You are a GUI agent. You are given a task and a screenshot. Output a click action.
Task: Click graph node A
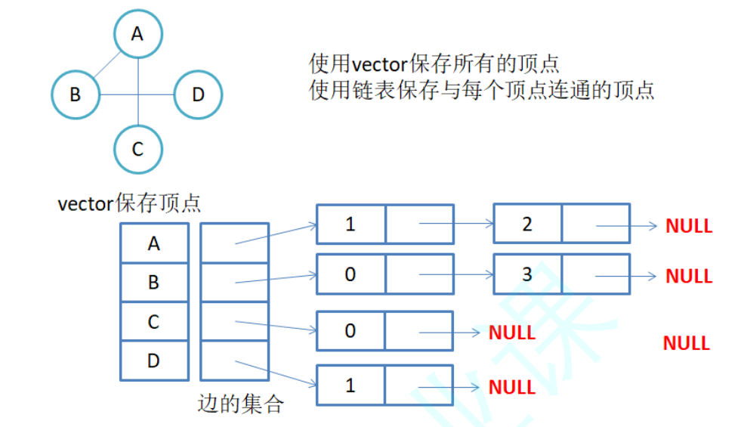(138, 33)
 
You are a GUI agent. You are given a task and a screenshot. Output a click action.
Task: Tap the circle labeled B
(76, 95)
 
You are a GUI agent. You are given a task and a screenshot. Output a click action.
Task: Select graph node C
(138, 149)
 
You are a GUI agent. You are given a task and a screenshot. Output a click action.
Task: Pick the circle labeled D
(198, 95)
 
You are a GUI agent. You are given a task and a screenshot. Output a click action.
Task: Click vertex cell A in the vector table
(154, 243)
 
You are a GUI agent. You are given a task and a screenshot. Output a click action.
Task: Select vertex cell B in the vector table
(154, 283)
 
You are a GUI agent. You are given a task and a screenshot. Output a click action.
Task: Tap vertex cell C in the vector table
(154, 322)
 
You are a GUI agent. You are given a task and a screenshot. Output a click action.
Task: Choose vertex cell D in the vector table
(154, 360)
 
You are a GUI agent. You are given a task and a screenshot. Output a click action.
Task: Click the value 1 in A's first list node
(350, 224)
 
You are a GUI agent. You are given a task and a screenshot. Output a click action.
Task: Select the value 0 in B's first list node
(350, 274)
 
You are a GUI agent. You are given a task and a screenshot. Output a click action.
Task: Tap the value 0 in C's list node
(350, 331)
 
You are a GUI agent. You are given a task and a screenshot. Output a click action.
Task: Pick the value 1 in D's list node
(350, 385)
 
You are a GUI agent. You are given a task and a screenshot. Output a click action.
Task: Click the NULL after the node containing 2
(689, 225)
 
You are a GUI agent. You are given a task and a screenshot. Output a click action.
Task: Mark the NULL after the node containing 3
(689, 277)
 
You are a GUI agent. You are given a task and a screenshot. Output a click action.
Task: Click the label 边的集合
(240, 404)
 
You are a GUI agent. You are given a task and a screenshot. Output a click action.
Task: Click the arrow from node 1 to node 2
(456, 224)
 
